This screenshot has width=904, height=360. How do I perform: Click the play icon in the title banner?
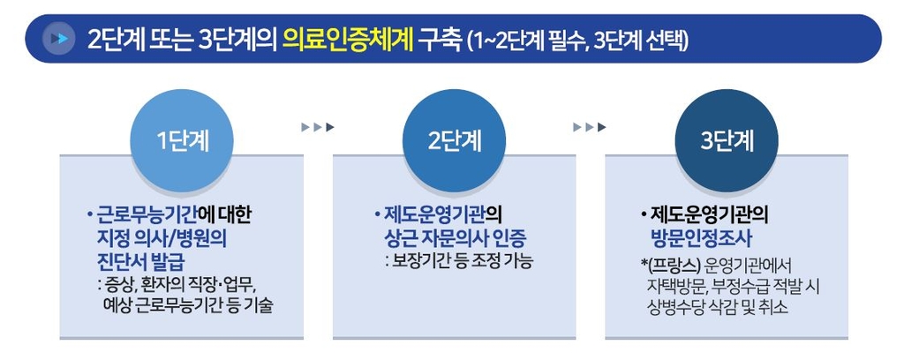pyautogui.click(x=58, y=39)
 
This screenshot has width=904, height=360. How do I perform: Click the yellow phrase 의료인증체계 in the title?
pyautogui.click(x=349, y=40)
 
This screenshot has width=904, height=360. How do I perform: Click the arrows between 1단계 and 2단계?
pyautogui.click(x=317, y=127)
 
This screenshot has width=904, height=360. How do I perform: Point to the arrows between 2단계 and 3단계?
pyautogui.click(x=590, y=127)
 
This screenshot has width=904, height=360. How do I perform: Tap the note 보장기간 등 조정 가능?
pyautogui.click(x=459, y=261)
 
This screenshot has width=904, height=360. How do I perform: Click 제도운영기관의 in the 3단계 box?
pyautogui.click(x=710, y=214)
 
